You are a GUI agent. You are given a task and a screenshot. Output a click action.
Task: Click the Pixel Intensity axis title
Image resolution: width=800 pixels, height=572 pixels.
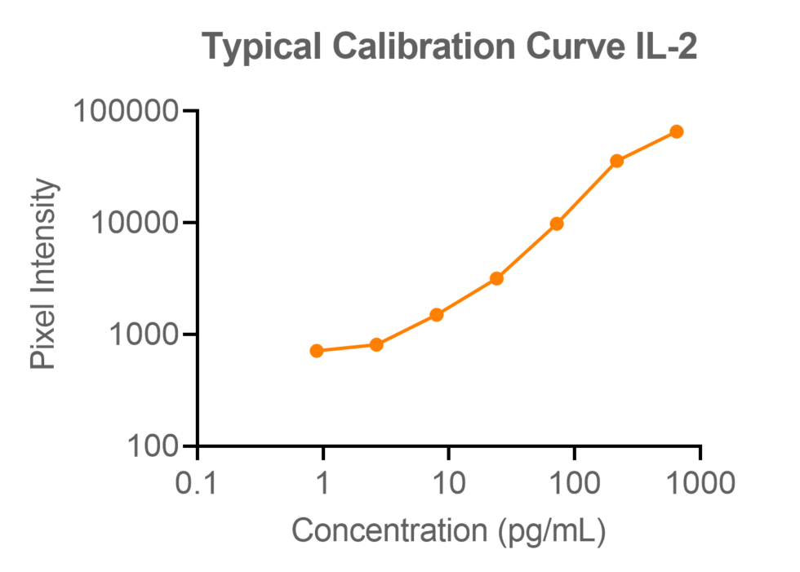tap(44, 273)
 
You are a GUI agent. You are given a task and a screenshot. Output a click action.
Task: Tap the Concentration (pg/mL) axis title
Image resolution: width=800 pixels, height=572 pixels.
tap(448, 530)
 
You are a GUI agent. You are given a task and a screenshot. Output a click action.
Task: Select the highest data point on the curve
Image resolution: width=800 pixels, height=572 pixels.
tap(676, 131)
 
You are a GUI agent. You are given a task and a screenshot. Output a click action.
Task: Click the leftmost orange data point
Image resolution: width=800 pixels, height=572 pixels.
tap(317, 351)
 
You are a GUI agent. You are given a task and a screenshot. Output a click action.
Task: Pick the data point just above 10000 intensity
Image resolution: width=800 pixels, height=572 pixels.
tap(557, 224)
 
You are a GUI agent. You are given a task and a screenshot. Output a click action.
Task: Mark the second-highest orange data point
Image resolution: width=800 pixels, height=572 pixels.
tap(616, 161)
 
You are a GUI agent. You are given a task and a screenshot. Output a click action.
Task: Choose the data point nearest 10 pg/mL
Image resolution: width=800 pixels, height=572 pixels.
tap(437, 314)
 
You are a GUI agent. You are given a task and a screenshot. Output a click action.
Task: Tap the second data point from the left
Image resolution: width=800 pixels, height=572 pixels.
tap(376, 344)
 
